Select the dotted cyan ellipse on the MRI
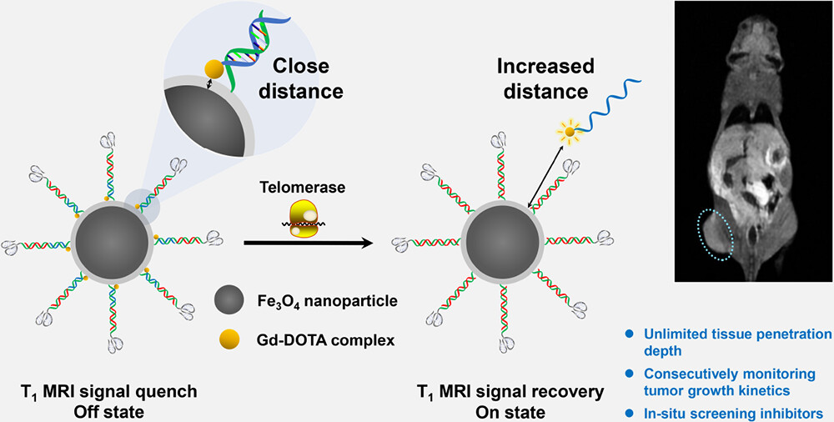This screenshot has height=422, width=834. point(716,239)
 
